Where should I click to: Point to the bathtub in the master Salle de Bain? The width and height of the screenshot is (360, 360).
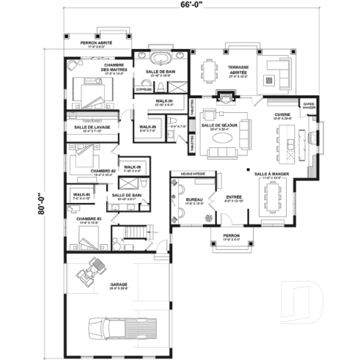click(x=160, y=58)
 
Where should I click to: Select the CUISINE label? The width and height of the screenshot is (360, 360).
click(x=282, y=115)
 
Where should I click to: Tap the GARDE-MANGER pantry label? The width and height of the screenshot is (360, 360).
click(x=309, y=106)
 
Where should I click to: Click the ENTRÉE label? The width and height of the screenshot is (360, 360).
click(x=234, y=196)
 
